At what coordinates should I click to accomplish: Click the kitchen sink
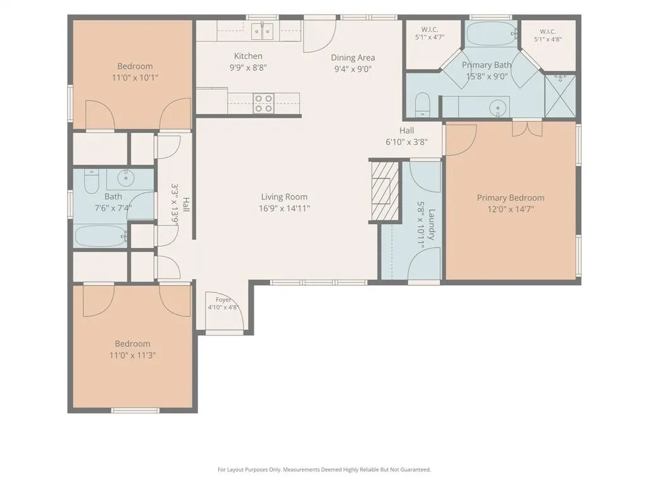pyautogui.click(x=263, y=31)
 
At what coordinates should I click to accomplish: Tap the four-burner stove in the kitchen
pyautogui.click(x=264, y=103)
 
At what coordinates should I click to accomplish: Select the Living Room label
pyautogui.click(x=284, y=197)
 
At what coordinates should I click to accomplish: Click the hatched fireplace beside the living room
pyautogui.click(x=385, y=190)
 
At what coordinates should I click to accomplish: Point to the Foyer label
pyautogui.click(x=223, y=299)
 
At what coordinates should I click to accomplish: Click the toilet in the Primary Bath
pyautogui.click(x=422, y=104)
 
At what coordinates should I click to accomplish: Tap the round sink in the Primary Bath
pyautogui.click(x=498, y=108)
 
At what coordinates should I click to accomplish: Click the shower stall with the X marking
pyautogui.click(x=560, y=96)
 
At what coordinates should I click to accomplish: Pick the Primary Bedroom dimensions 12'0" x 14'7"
pyautogui.click(x=511, y=209)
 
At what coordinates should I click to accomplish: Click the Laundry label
pyautogui.click(x=432, y=225)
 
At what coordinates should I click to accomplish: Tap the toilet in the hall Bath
pyautogui.click(x=91, y=182)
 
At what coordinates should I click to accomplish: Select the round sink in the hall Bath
pyautogui.click(x=125, y=178)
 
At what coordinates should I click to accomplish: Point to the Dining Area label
pyautogui.click(x=353, y=58)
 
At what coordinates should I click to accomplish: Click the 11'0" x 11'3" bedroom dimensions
pyautogui.click(x=133, y=355)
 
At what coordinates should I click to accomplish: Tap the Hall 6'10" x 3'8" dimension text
pyautogui.click(x=407, y=142)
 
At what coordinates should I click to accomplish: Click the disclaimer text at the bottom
pyautogui.click(x=325, y=470)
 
